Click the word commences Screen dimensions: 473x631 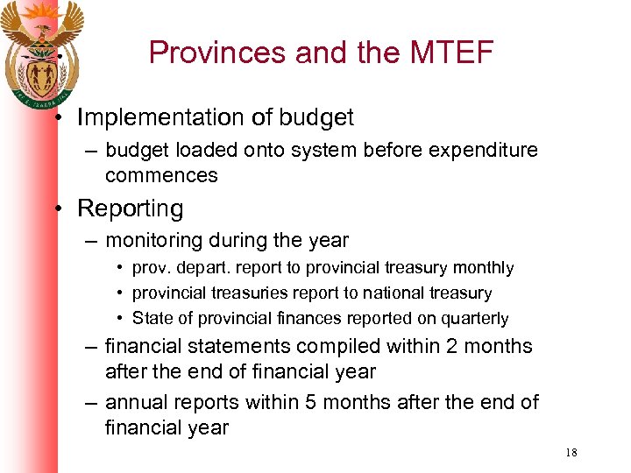pos(161,175)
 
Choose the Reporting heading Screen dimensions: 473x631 pos(131,208)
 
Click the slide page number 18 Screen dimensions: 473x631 pos(571,453)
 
